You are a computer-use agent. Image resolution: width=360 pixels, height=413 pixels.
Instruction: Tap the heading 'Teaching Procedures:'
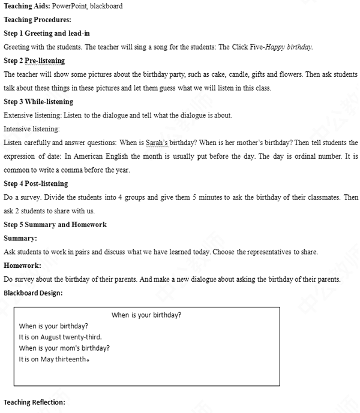point(37,20)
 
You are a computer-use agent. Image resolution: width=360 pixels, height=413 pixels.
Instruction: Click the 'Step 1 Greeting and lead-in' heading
point(47,34)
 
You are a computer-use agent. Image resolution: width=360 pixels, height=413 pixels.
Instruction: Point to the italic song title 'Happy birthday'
point(290,47)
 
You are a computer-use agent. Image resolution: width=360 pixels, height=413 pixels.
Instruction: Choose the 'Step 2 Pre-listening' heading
point(34,61)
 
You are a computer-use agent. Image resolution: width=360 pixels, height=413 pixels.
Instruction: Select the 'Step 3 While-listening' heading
point(38,102)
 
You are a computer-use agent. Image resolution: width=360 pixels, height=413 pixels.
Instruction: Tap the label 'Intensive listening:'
point(32,129)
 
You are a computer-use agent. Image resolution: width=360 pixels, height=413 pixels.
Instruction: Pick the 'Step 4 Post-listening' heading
point(36,183)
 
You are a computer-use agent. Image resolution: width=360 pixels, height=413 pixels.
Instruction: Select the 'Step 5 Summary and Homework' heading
point(55,225)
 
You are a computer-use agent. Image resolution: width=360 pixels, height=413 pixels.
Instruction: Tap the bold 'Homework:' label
point(22,266)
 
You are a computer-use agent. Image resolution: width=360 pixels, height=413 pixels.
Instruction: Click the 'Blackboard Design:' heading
point(33,293)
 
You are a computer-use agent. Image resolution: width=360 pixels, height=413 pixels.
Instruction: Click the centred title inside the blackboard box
point(146,315)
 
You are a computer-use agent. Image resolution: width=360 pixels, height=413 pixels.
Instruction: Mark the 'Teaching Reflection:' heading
point(34,402)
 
